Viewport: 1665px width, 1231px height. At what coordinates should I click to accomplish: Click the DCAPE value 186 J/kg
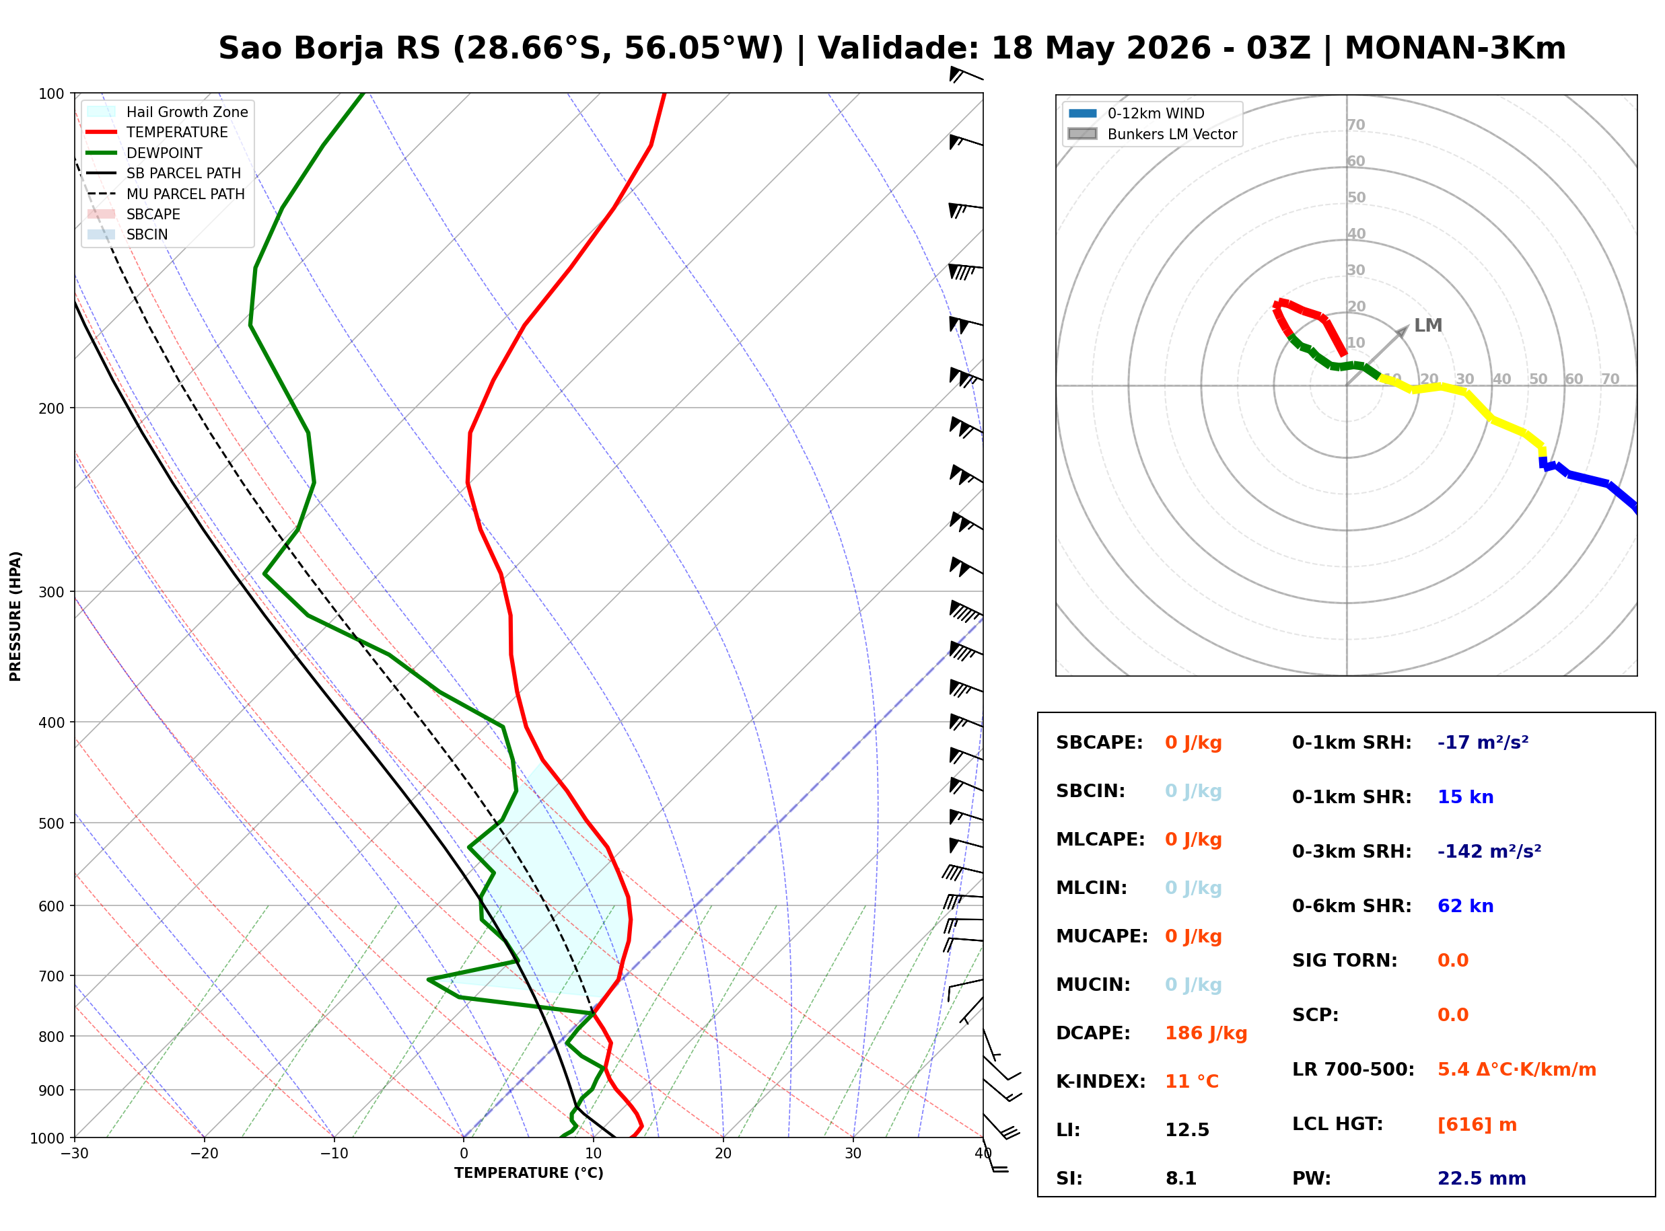coord(1206,1033)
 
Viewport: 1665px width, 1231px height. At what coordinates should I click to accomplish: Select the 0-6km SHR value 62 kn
coord(1465,906)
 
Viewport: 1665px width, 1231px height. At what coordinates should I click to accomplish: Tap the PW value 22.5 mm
coord(1482,1179)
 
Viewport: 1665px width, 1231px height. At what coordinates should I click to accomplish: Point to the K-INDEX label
coord(1101,1082)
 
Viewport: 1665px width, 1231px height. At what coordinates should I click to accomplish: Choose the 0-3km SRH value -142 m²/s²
coord(1489,851)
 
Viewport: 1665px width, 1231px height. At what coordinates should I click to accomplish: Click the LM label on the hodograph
coord(1428,326)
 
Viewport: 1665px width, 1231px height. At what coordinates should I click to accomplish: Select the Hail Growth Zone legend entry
coord(168,112)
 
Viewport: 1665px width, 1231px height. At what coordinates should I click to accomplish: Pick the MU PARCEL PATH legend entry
coord(166,194)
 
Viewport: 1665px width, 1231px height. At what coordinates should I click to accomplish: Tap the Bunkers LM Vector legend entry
coord(1152,134)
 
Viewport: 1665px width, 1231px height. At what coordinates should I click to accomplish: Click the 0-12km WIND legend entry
coord(1136,113)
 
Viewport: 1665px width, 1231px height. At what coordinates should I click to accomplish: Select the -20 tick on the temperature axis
coord(204,1154)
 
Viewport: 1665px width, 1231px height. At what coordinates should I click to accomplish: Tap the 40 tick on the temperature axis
coord(983,1154)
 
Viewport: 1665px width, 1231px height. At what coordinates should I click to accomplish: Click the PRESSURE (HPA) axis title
coord(15,616)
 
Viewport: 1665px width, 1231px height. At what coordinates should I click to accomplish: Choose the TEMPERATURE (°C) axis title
coord(529,1173)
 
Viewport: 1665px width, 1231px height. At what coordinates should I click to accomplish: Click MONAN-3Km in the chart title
coord(1455,48)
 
